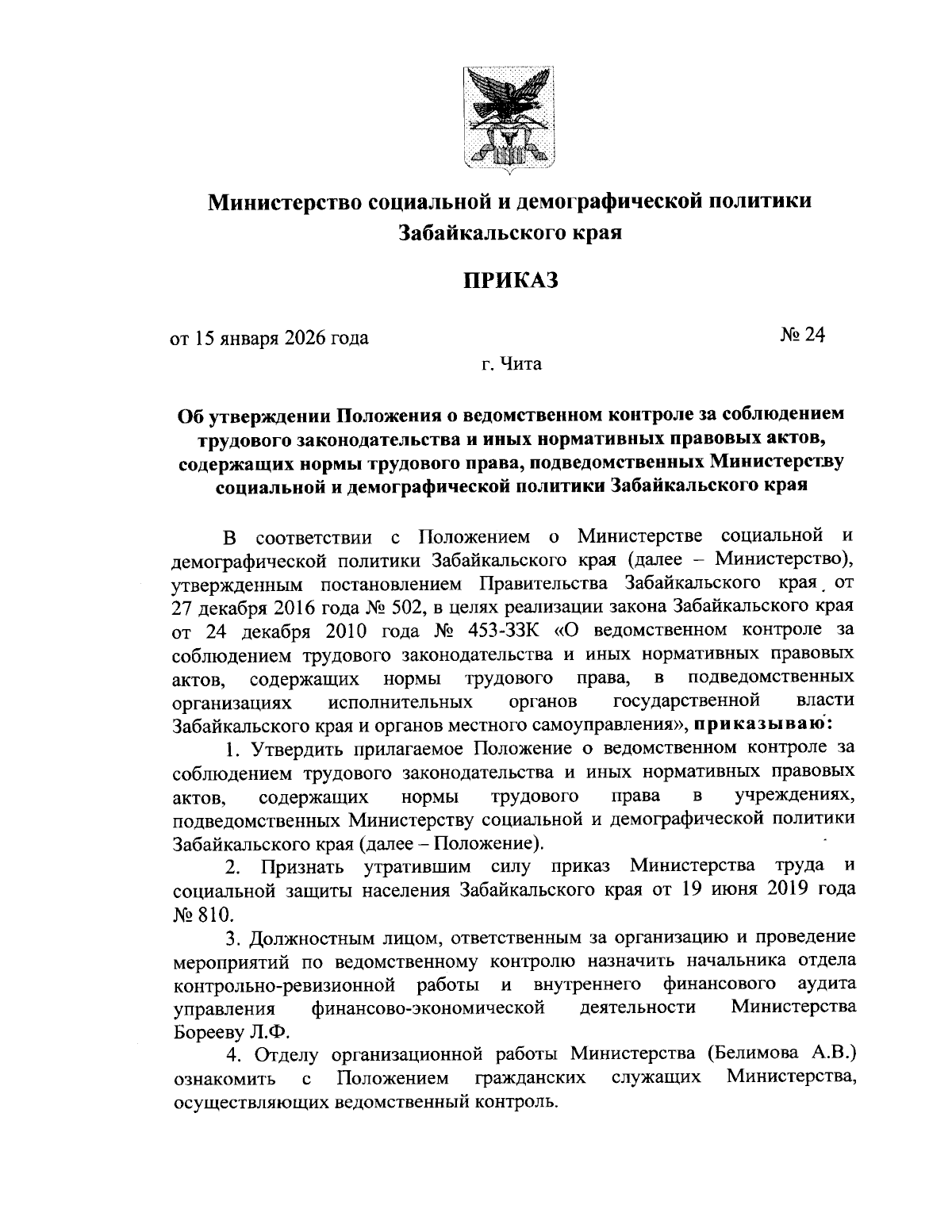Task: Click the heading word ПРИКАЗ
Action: click(x=511, y=281)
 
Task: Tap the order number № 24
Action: click(x=803, y=336)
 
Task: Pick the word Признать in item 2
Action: click(x=302, y=865)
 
